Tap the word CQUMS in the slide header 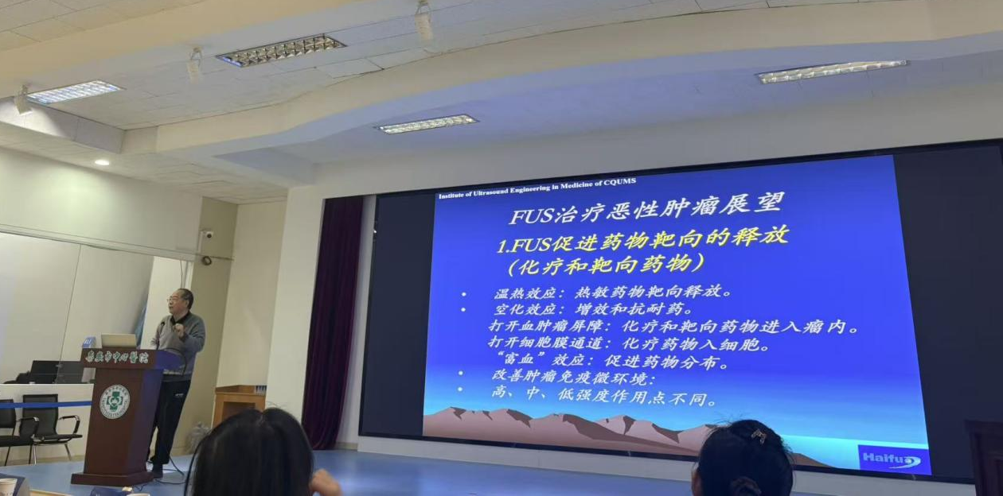(619, 182)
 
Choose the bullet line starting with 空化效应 (593, 309)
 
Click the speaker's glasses (177, 300)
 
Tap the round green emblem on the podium (115, 401)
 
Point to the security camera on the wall (206, 234)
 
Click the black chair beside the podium (45, 420)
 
